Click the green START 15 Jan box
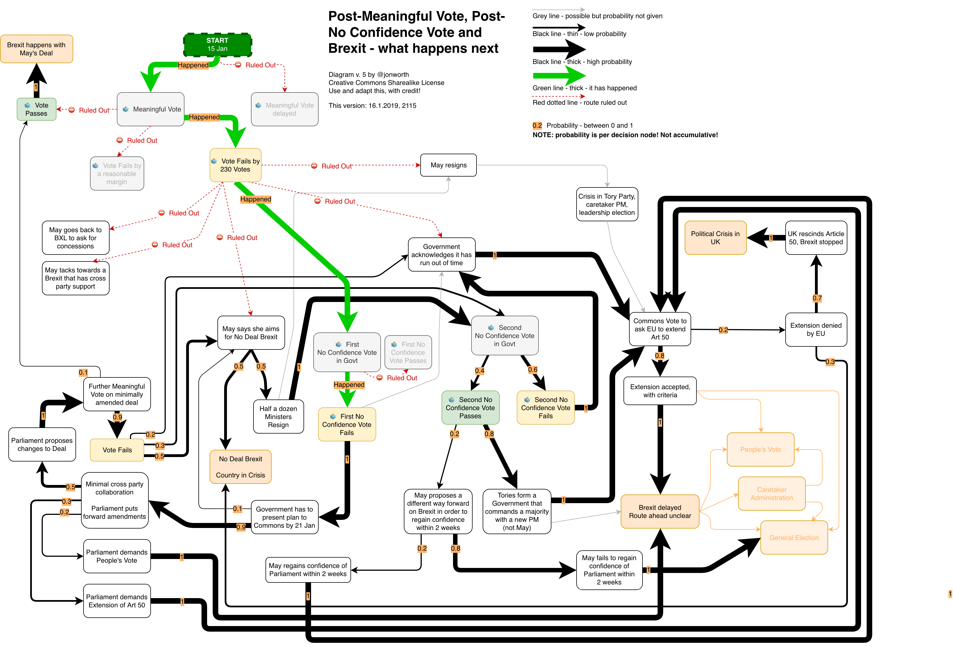point(217,45)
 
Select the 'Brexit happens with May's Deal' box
point(37,49)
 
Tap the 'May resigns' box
point(448,165)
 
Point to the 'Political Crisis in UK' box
point(715,238)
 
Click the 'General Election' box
point(794,537)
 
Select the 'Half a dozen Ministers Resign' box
point(278,417)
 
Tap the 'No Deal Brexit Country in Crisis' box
point(240,467)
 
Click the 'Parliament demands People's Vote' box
point(117,556)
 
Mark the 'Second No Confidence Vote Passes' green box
point(470,408)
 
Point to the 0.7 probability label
point(817,298)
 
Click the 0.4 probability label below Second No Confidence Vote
point(479,371)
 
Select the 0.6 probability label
point(532,369)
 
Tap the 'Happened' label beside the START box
point(193,65)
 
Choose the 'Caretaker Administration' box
point(771,494)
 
